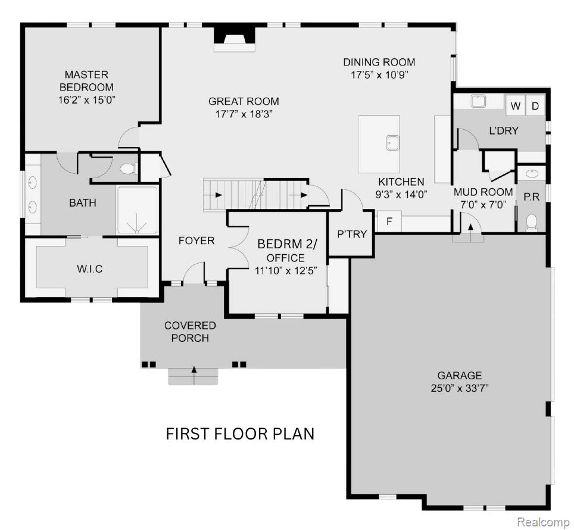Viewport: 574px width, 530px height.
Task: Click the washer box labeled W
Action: tap(516, 106)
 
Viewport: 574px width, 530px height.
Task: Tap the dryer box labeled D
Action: tap(535, 106)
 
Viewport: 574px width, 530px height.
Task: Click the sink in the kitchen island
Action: tap(392, 143)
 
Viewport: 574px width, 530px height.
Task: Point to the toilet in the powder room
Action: tap(532, 221)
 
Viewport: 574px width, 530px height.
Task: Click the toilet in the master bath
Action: tap(128, 169)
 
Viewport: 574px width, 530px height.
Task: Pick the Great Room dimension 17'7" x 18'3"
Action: tap(244, 114)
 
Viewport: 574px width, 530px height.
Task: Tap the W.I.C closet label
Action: tap(90, 269)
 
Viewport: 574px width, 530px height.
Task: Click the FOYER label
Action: tap(196, 241)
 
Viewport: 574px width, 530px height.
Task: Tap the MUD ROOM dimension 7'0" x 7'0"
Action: tap(483, 204)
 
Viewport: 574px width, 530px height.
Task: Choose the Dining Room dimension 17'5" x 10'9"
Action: tap(379, 74)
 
